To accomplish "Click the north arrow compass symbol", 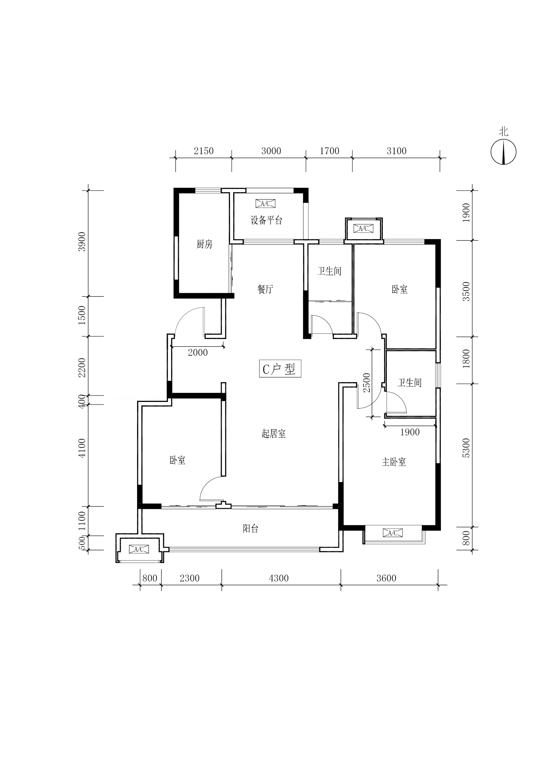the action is click(x=503, y=152).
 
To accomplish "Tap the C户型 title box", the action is click(x=280, y=368).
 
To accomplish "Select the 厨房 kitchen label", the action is click(x=204, y=244).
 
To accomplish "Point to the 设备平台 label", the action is click(x=266, y=220).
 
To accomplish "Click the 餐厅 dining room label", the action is click(x=265, y=289).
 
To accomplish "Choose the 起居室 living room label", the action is click(x=273, y=434).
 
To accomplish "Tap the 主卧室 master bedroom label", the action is click(x=394, y=462).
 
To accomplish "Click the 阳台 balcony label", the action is click(x=251, y=528).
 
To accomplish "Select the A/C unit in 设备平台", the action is click(x=265, y=204).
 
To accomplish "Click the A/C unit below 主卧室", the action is click(x=393, y=533).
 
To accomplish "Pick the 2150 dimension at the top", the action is click(x=204, y=151).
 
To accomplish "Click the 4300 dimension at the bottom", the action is click(x=279, y=578).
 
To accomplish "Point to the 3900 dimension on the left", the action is click(x=82, y=241).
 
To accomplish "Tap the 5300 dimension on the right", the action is click(x=466, y=448).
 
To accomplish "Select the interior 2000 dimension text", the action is click(x=198, y=352).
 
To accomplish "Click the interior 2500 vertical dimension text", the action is click(x=366, y=383).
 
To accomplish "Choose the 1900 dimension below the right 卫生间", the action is click(x=410, y=432).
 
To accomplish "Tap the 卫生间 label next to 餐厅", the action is click(x=329, y=271).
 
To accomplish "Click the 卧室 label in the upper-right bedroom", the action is click(x=400, y=289).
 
